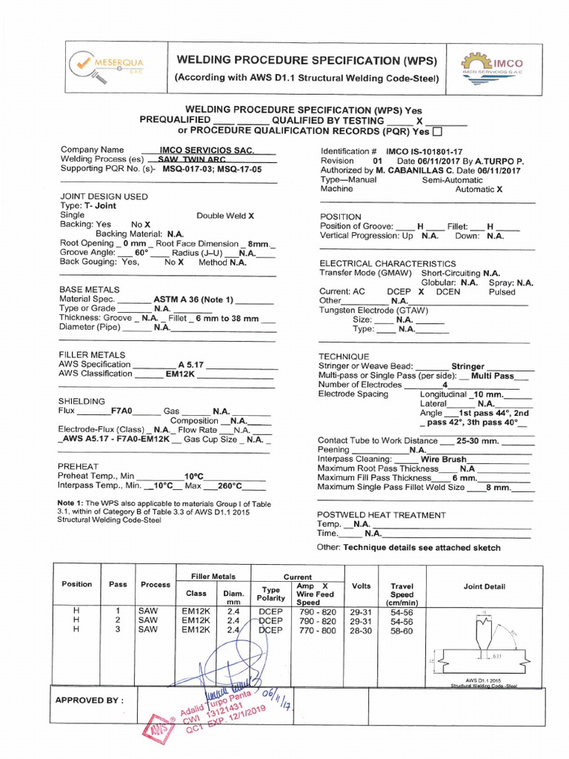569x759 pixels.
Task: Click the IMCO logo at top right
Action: tap(502, 67)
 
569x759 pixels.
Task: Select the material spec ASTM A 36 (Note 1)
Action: tap(193, 299)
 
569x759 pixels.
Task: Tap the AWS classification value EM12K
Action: tap(179, 375)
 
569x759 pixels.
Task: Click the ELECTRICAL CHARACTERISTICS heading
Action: tap(387, 263)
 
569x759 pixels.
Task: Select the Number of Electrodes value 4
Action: tap(445, 385)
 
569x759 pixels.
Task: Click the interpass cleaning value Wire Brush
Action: tap(442, 459)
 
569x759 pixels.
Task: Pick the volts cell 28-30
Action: tap(361, 630)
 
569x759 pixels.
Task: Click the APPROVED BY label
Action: tap(90, 700)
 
